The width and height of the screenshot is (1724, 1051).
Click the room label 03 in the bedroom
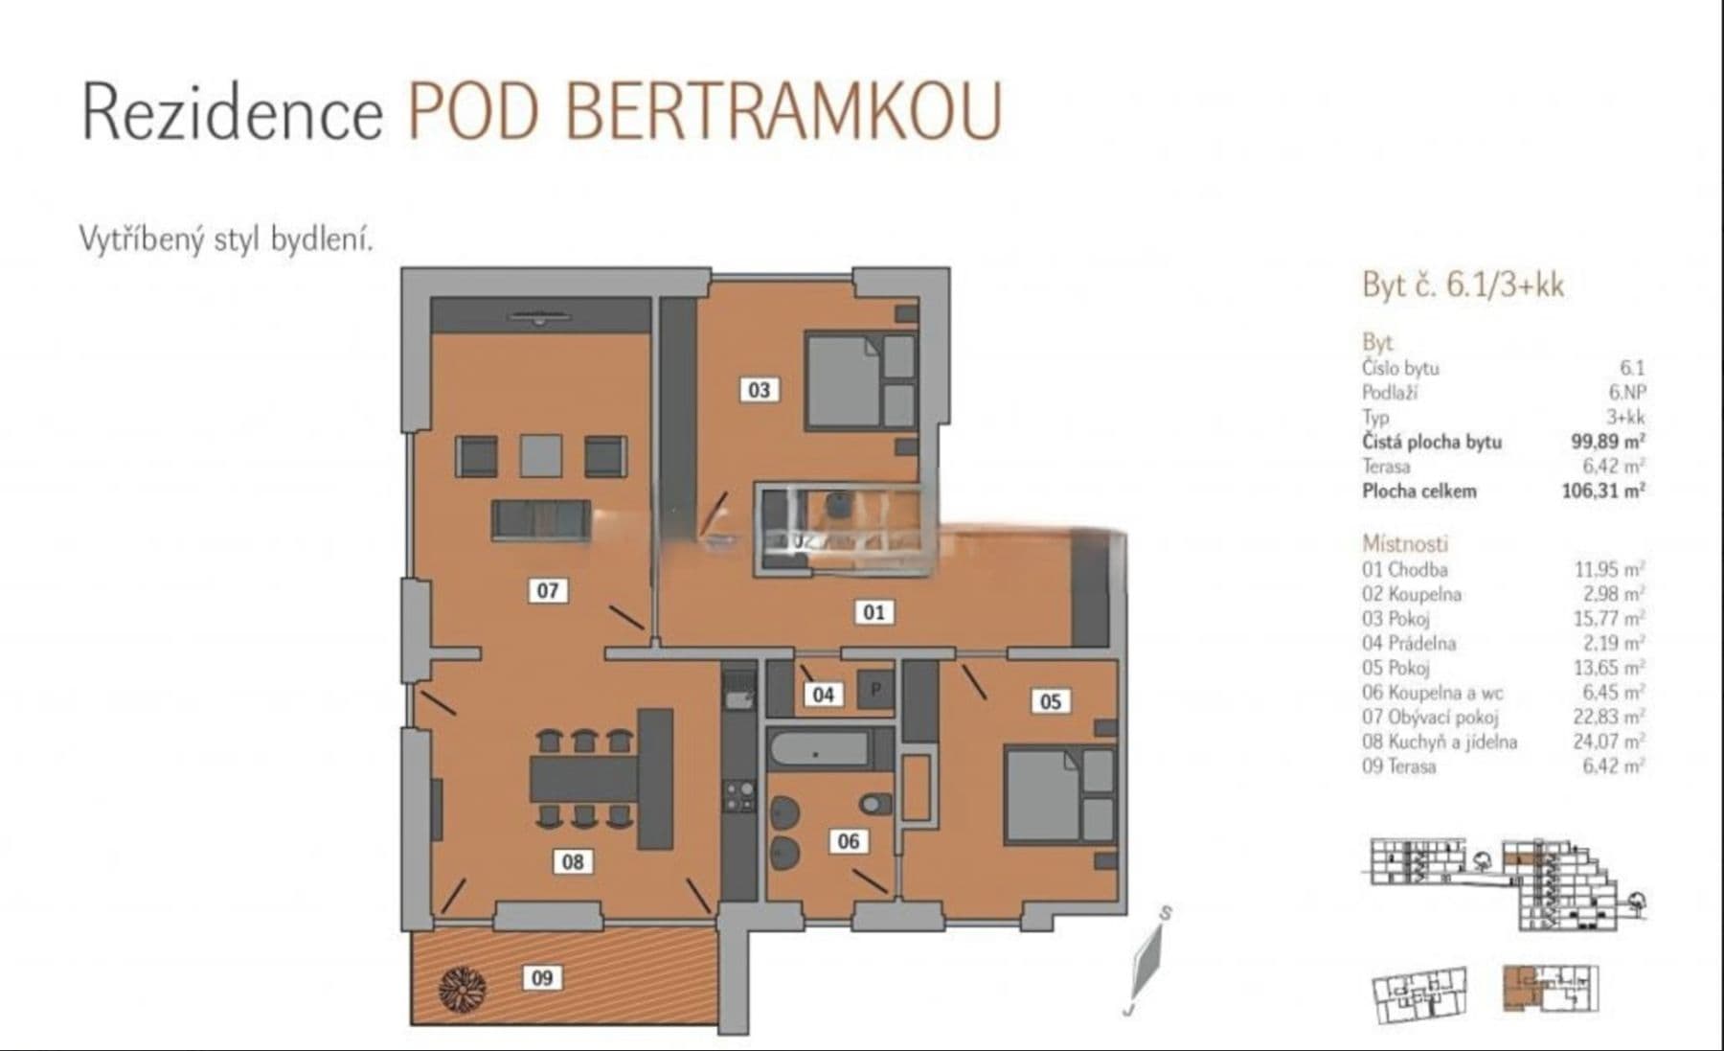click(x=759, y=390)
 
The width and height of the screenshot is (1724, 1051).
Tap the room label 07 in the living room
click(x=547, y=590)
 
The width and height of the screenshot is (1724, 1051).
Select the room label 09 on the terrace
click(x=542, y=978)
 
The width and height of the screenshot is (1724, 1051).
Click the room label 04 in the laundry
click(x=823, y=694)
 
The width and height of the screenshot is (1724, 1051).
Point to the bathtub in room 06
click(x=819, y=749)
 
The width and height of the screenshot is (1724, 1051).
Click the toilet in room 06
click(x=874, y=803)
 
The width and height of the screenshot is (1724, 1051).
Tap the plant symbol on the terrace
click(x=463, y=986)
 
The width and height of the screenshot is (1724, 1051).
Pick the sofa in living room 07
click(x=541, y=520)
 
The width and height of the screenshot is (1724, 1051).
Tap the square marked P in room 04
click(x=875, y=688)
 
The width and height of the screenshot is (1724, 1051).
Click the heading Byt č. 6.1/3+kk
click(x=1462, y=286)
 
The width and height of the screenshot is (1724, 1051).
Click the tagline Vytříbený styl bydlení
click(x=226, y=240)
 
